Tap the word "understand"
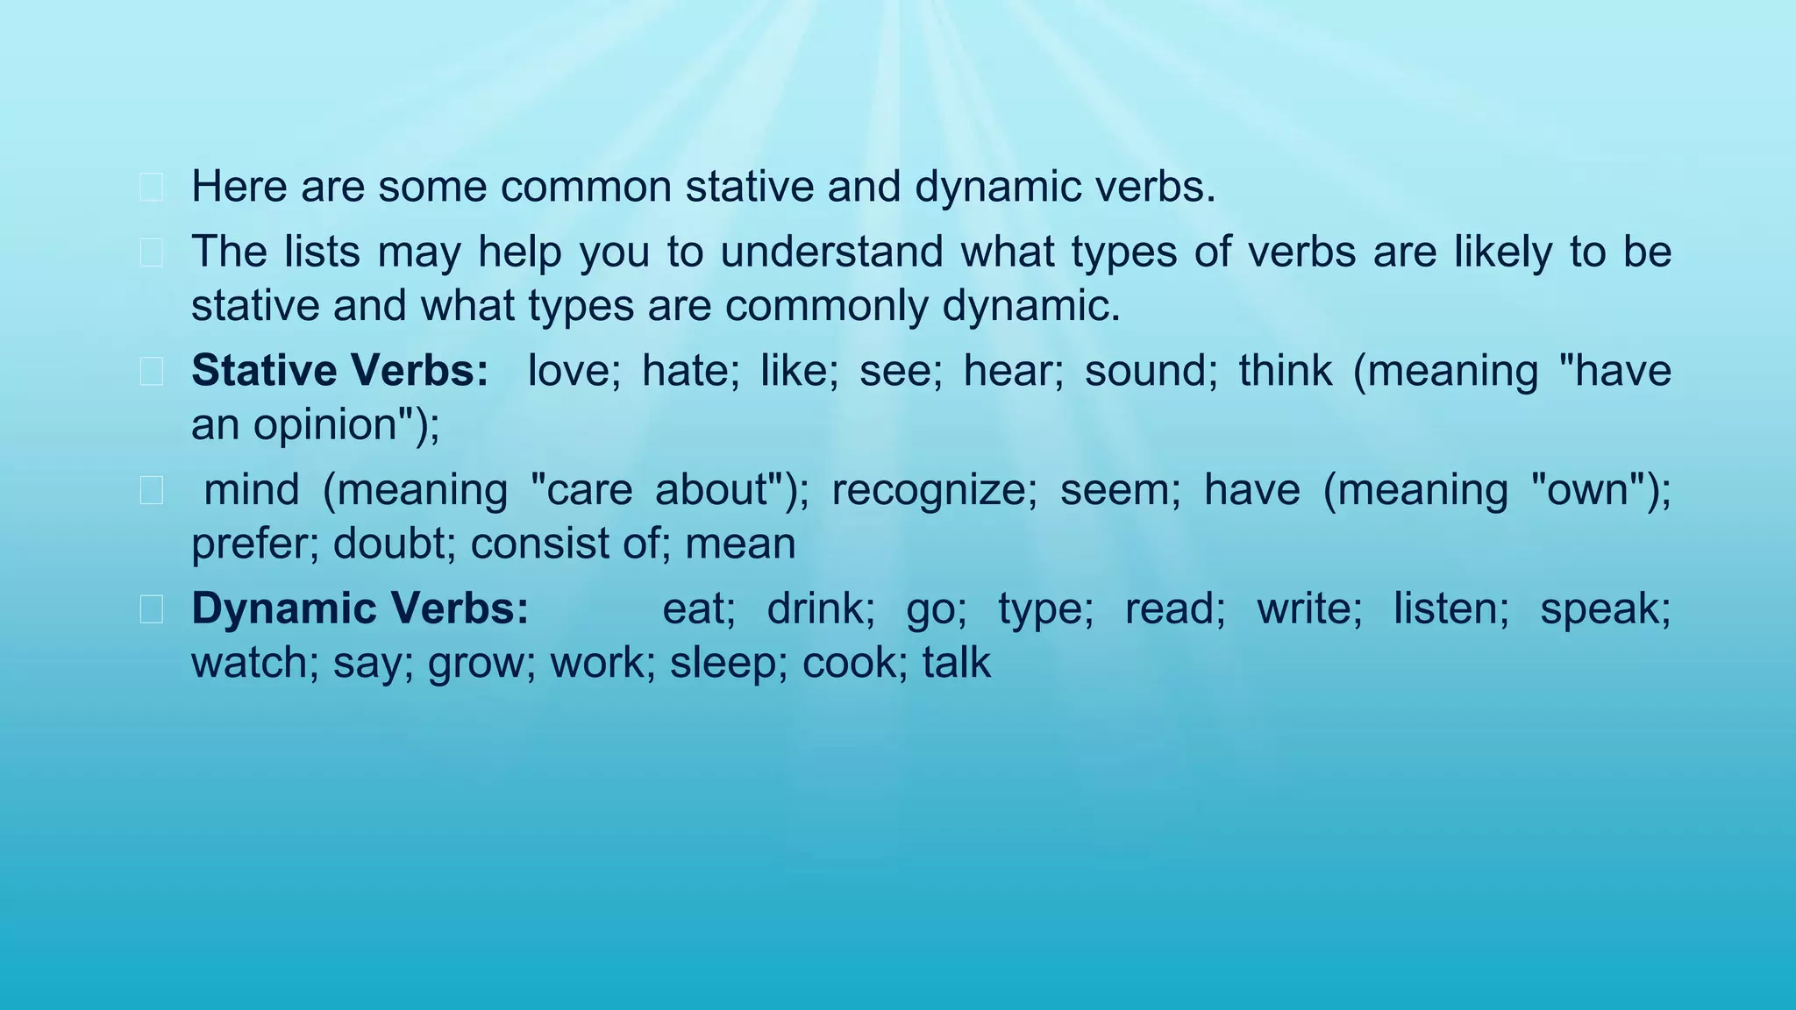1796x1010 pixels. coord(831,252)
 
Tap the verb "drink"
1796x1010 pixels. coord(820,608)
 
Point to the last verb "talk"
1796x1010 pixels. coord(957,663)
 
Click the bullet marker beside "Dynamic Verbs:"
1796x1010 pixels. coord(151,609)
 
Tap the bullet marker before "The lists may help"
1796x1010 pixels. coord(151,252)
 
